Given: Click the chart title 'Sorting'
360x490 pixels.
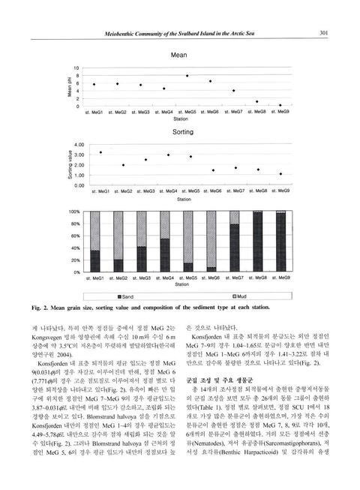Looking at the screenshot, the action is [x=178, y=131].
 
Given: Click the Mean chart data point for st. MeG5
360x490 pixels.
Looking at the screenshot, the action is [x=187, y=76].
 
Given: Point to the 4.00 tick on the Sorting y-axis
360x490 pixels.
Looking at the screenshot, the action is [x=77, y=144].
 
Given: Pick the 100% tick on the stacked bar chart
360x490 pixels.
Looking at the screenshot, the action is [x=74, y=212].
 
